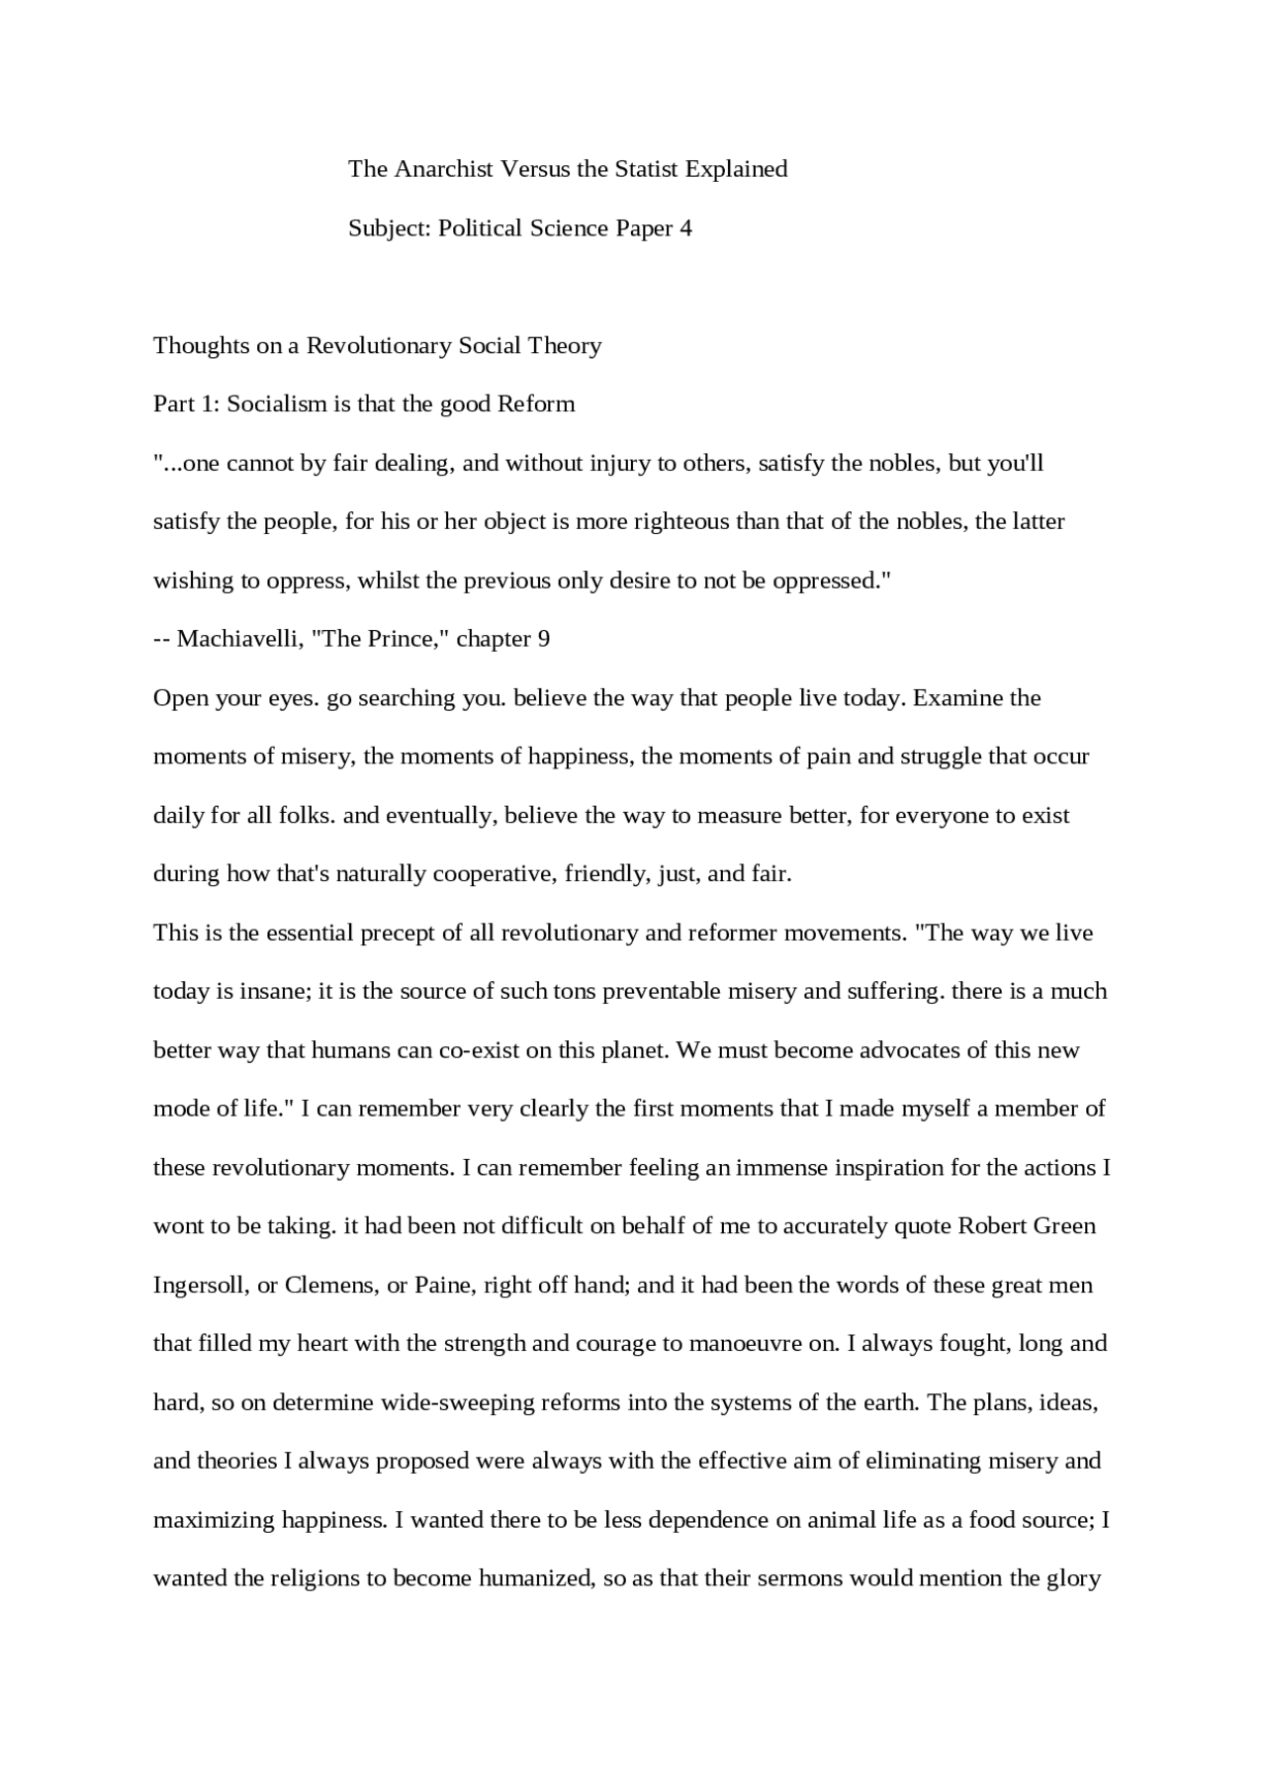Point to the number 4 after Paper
[x=685, y=228]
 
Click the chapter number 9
[x=543, y=639]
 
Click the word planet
[x=636, y=1050]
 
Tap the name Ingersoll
[x=201, y=1286]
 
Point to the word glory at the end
[x=1073, y=1578]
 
